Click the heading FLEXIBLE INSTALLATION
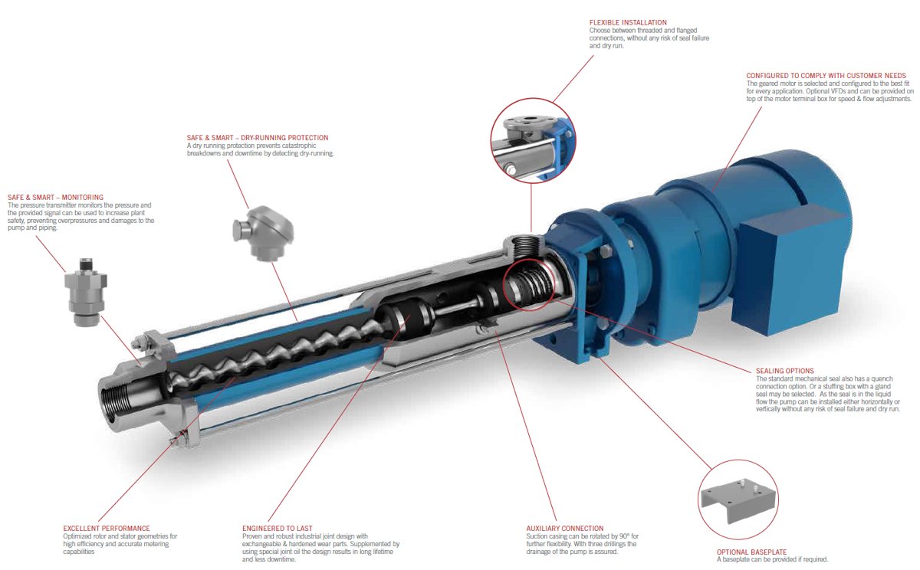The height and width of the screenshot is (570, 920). [628, 22]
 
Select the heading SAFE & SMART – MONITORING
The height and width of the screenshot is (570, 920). [55, 198]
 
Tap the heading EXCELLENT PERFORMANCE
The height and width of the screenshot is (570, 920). [107, 529]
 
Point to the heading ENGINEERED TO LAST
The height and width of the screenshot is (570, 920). [278, 529]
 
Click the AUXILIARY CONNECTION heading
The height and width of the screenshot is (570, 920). [565, 529]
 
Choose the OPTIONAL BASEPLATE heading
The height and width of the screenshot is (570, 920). [751, 552]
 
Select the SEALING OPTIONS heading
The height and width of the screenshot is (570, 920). [785, 371]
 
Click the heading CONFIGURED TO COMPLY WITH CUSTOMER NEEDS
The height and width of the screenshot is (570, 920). [826, 76]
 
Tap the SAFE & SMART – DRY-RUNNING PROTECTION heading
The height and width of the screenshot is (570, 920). [258, 138]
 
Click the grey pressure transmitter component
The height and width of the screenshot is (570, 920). [86, 292]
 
